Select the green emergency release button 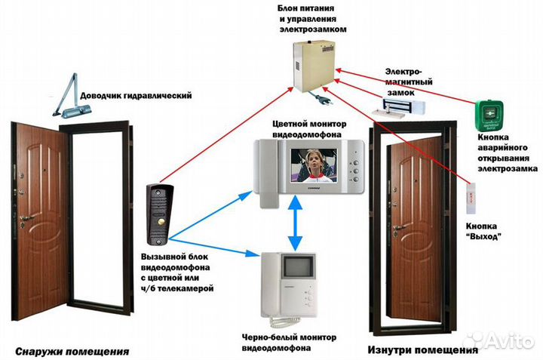point(488,113)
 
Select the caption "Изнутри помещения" point(422,350)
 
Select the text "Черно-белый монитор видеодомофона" point(290,342)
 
